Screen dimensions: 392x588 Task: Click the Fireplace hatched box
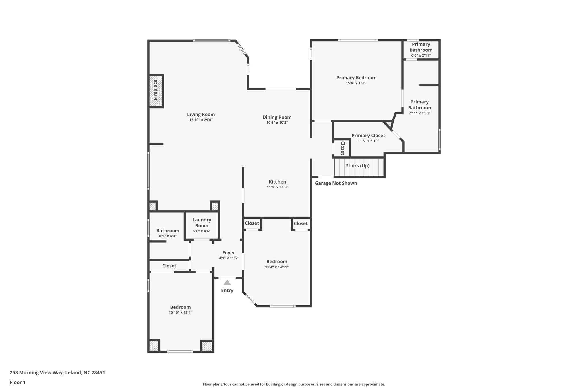[x=156, y=91]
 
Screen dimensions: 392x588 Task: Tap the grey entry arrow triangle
[x=227, y=283]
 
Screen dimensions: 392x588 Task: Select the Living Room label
[x=201, y=114]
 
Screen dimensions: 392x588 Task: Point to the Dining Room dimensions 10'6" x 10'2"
[x=277, y=123]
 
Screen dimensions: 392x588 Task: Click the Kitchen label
[x=277, y=182]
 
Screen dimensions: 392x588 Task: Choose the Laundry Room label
[x=202, y=223]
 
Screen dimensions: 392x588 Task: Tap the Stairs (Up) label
[x=357, y=166]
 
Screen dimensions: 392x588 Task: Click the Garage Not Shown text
[x=336, y=183]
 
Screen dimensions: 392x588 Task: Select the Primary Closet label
[x=368, y=136]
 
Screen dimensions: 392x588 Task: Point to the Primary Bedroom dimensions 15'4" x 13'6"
[x=356, y=83]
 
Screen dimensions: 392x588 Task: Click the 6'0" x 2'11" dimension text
[x=421, y=55]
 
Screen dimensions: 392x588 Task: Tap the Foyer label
[x=229, y=253]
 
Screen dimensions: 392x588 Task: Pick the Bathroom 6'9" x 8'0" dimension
[x=168, y=236]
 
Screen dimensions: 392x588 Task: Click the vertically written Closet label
[x=343, y=148]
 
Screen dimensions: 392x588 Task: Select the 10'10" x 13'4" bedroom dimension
[x=180, y=312]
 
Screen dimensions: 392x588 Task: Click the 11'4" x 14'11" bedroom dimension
[x=277, y=267]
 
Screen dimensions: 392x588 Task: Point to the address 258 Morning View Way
[x=57, y=373]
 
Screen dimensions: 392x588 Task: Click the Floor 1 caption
[x=18, y=382]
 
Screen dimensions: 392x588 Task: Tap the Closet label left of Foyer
[x=169, y=266]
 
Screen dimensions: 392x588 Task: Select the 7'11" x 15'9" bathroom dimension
[x=419, y=113]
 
